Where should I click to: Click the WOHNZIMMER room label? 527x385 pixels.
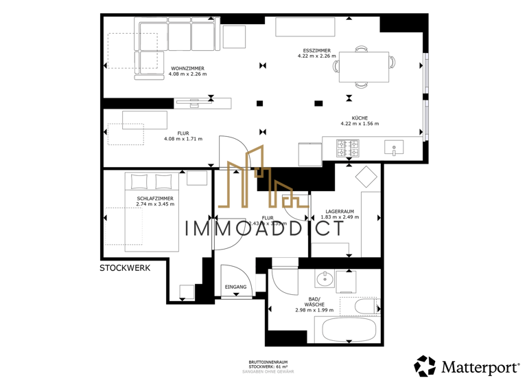(x=187, y=69)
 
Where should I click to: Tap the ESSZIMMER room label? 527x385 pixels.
(x=314, y=50)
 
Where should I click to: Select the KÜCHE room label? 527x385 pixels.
(x=359, y=118)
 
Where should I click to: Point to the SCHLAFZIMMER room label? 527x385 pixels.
(x=154, y=198)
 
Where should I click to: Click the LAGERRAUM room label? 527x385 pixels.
(x=340, y=212)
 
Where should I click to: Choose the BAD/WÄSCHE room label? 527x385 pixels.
(x=314, y=300)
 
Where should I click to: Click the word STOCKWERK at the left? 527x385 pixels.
(x=125, y=268)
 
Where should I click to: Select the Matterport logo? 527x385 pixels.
(x=466, y=366)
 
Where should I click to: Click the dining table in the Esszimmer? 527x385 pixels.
(x=364, y=66)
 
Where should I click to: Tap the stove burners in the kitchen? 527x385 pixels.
(x=347, y=147)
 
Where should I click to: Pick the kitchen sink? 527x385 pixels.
(x=394, y=146)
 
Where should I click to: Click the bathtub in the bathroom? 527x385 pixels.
(x=345, y=329)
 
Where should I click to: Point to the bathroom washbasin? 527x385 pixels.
(x=325, y=279)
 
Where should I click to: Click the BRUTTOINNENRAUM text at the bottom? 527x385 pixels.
(x=268, y=362)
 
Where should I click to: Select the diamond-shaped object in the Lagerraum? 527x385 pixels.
(x=366, y=177)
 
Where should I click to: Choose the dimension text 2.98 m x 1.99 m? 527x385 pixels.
(x=314, y=311)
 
